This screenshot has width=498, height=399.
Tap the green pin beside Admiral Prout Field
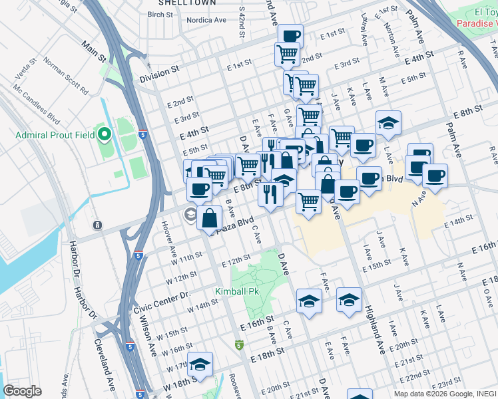[x=104, y=135]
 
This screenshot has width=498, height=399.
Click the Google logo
[x=22, y=391]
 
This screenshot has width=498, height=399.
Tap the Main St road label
[x=95, y=51]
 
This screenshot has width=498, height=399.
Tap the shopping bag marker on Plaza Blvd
[x=209, y=217]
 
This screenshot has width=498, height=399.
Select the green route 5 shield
[x=239, y=345]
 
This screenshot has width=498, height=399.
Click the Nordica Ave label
[x=206, y=21]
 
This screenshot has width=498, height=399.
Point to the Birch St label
[x=160, y=14]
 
